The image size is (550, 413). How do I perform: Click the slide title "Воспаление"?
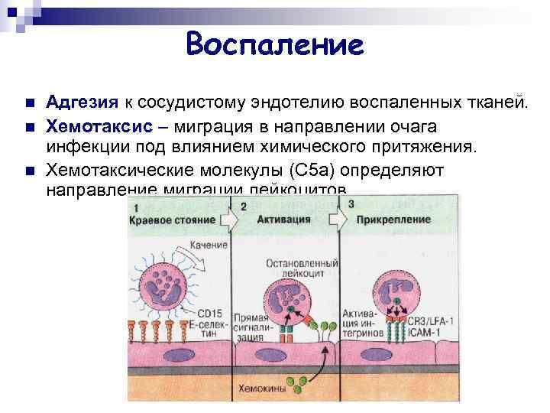click(x=275, y=44)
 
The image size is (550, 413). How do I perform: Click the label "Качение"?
click(x=209, y=244)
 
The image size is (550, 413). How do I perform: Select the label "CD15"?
click(x=209, y=312)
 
